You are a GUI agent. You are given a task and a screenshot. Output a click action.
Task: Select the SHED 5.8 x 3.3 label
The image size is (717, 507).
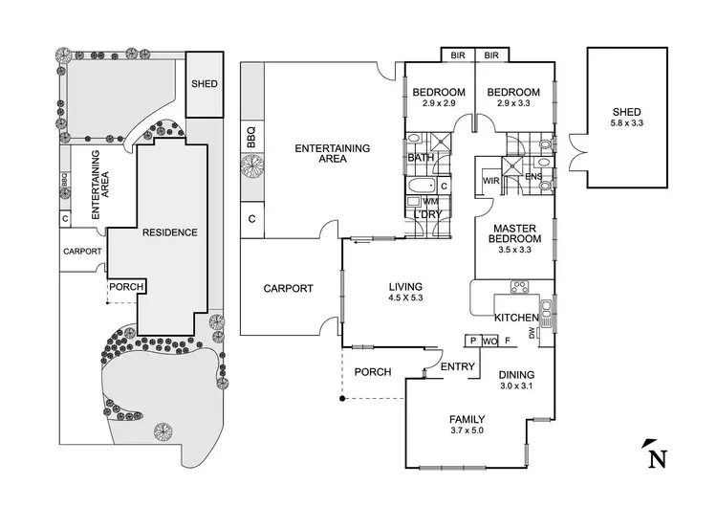point(627,118)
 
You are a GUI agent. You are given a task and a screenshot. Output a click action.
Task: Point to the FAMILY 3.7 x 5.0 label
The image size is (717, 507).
point(467,425)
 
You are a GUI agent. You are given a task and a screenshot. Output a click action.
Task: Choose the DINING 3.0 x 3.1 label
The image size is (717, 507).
point(516,381)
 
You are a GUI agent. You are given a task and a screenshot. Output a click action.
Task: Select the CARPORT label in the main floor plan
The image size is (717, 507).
point(288,288)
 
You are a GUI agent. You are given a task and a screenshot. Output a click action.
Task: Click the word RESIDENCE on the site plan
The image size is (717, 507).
point(169,232)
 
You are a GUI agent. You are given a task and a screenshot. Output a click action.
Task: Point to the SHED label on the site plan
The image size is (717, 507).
point(204,84)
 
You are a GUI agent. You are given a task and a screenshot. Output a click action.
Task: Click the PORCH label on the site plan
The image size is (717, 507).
point(125,287)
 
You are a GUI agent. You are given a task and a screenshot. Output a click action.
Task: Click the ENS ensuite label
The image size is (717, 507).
point(533,177)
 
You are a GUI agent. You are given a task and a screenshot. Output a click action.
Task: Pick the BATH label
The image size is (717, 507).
point(421,158)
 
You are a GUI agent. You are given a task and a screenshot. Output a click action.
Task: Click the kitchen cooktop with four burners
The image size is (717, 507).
point(520,285)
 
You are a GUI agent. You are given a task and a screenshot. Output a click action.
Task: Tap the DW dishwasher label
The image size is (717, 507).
point(543,333)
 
